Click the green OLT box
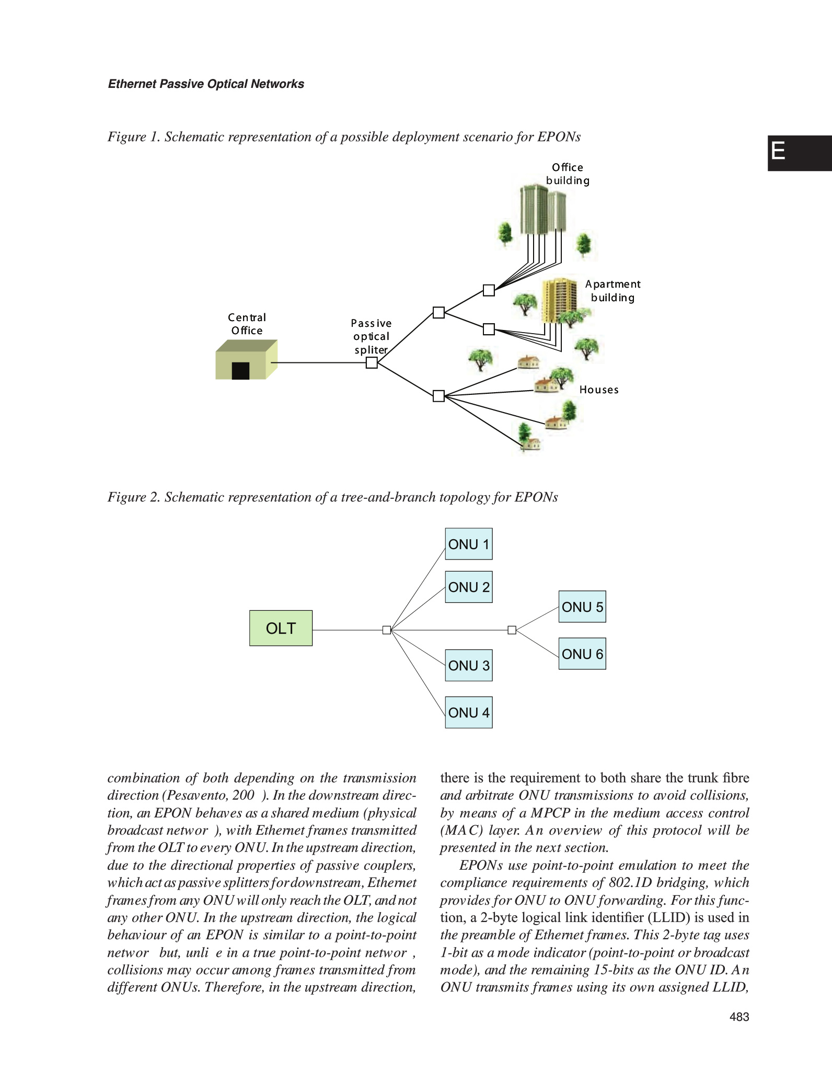click(281, 628)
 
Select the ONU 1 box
click(468, 544)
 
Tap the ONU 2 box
click(468, 587)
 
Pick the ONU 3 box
click(468, 665)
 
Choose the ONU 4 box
click(468, 712)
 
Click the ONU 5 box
click(582, 607)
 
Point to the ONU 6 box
click(582, 654)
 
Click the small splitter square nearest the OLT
click(387, 630)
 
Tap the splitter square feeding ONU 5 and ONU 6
click(512, 630)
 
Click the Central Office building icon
click(246, 359)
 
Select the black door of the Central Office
click(240, 370)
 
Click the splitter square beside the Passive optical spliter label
click(372, 362)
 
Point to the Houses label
click(599, 390)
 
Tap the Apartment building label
click(613, 291)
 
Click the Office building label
click(568, 174)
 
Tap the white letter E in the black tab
click(778, 152)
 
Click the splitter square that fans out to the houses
click(438, 396)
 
